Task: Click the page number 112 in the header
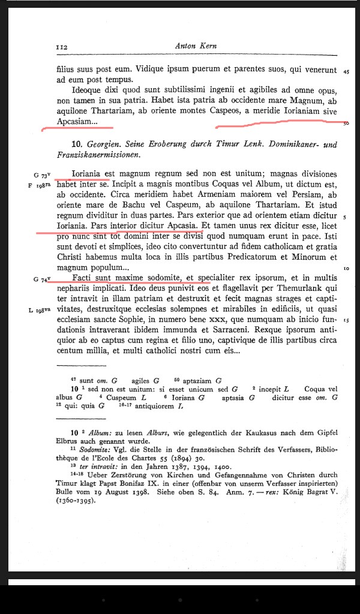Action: coord(61,47)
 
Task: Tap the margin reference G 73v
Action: coord(43,174)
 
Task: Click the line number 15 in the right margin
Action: coord(346,322)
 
